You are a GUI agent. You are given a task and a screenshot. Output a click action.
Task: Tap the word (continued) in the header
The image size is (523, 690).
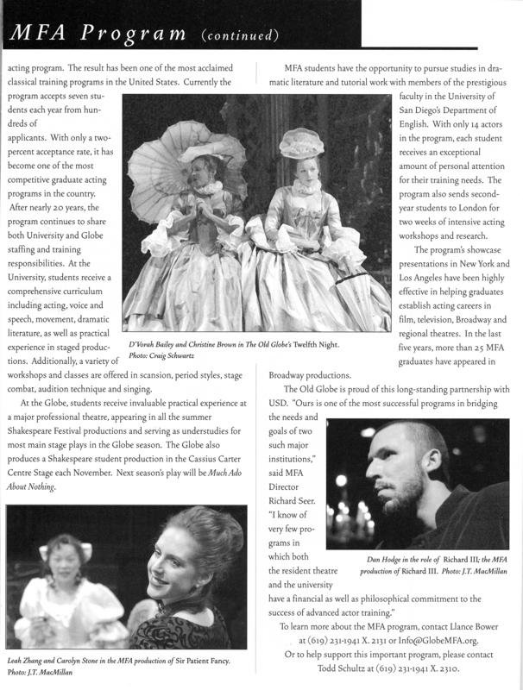pos(240,35)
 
